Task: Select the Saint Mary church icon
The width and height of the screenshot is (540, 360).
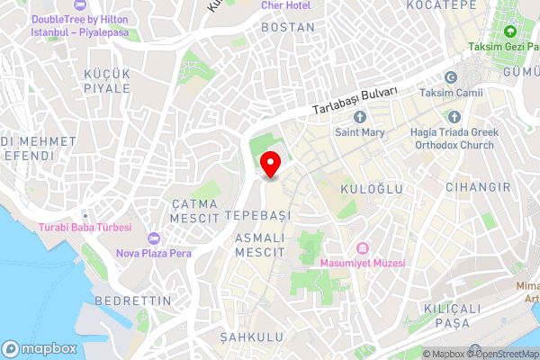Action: [x=361, y=117]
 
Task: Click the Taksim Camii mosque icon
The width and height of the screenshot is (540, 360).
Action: [x=452, y=76]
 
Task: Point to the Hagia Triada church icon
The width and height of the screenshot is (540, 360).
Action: [x=453, y=117]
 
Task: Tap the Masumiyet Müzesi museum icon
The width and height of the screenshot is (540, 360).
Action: [x=363, y=248]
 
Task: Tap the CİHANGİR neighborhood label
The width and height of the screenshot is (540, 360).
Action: [x=482, y=187]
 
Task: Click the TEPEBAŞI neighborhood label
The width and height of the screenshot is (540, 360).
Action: [x=258, y=216]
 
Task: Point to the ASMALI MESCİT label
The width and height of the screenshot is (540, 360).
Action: [x=259, y=245]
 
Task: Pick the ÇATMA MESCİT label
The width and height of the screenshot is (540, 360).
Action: [x=196, y=211]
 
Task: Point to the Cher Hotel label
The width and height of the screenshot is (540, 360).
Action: [x=285, y=4]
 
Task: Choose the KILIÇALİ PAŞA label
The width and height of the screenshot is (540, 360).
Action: [x=447, y=317]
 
